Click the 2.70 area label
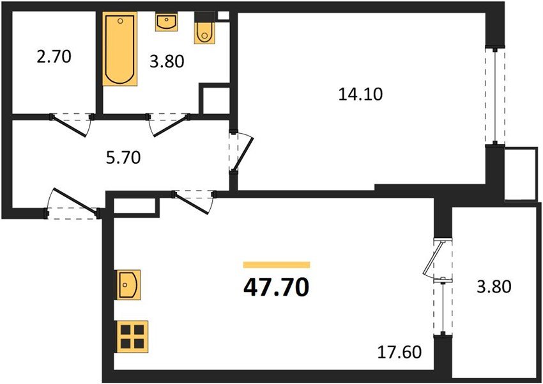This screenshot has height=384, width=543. click(54, 57)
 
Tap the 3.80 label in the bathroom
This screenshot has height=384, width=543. click(166, 62)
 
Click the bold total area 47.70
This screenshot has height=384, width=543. click(276, 287)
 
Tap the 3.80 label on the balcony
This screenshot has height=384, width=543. click(493, 286)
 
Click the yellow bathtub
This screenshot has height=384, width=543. click(120, 49)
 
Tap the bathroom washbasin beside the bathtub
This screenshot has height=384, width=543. click(167, 22)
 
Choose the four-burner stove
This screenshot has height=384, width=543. click(132, 335)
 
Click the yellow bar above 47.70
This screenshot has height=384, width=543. click(277, 264)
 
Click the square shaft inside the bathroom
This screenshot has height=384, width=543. click(215, 99)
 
